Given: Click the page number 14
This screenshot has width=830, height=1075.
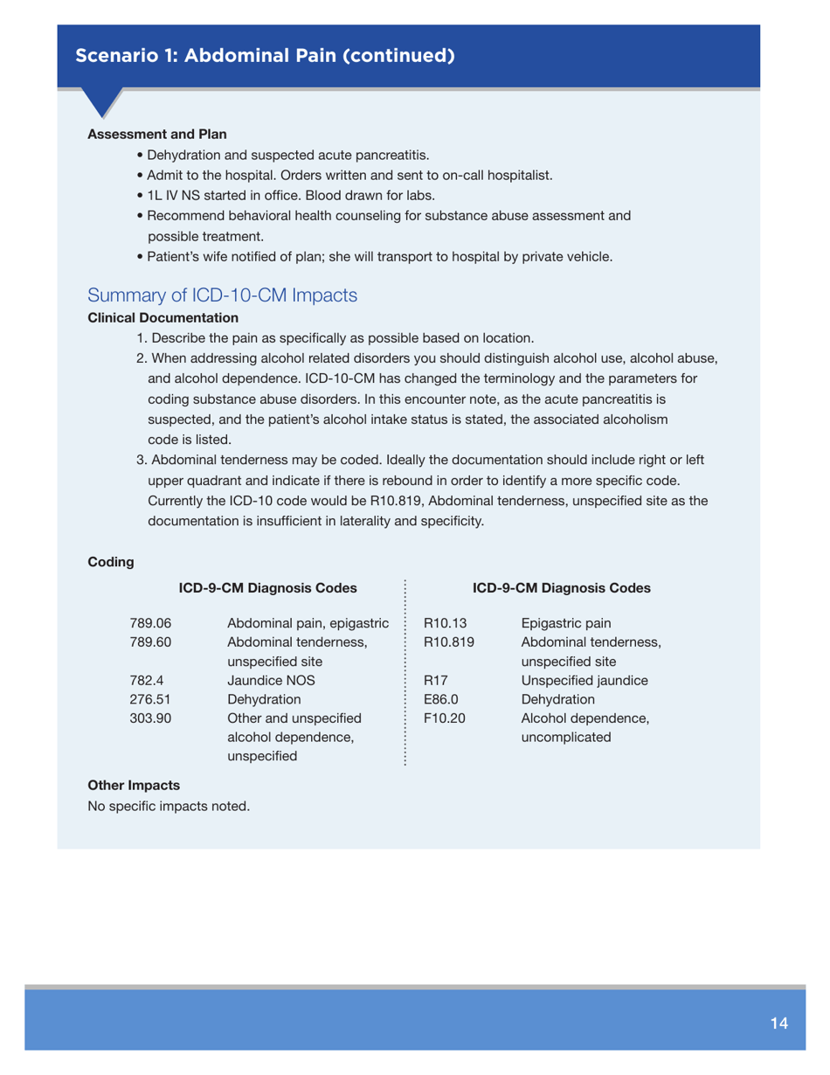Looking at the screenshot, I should tap(779, 1023).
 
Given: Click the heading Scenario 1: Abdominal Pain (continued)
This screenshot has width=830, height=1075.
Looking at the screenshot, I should tap(265, 56).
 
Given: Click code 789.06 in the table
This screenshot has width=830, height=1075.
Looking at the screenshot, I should tap(150, 623).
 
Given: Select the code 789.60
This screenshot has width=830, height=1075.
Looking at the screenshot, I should tap(150, 642).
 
